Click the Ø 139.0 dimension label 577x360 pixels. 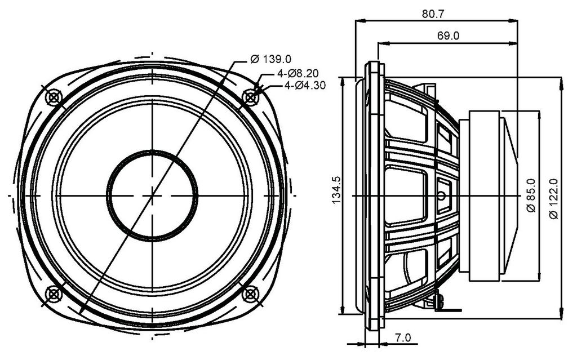click(x=271, y=59)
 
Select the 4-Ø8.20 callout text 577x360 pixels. click(x=298, y=73)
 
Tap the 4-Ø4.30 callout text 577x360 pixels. click(x=305, y=86)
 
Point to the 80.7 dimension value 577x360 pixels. click(x=433, y=14)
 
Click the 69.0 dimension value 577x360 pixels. click(x=448, y=35)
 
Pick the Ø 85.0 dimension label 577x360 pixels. click(x=531, y=195)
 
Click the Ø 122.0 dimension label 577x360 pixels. click(x=553, y=199)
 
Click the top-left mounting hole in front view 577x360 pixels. click(x=54, y=97)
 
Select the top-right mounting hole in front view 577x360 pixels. click(x=250, y=97)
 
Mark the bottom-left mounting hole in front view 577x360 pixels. click(x=54, y=294)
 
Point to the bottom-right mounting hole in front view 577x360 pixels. click(x=250, y=294)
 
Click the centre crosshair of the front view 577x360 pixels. click(x=152, y=195)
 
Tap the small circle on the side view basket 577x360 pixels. click(x=442, y=196)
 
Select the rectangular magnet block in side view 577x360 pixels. click(x=484, y=196)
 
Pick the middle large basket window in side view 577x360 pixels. click(x=406, y=196)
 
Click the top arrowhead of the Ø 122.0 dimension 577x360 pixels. click(x=561, y=83)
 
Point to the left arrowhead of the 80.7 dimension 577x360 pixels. click(x=361, y=21)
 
